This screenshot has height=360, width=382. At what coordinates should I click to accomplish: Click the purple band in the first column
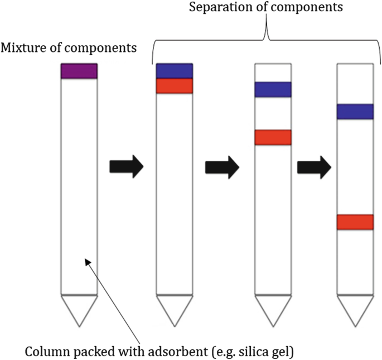tap(79, 71)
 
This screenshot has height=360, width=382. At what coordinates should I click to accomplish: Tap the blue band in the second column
tap(174, 71)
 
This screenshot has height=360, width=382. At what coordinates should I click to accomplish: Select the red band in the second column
tap(174, 85)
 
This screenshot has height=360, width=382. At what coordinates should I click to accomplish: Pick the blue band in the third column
tap(273, 89)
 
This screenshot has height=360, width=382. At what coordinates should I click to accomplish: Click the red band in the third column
tap(273, 137)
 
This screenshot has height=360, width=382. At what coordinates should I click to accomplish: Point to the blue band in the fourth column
tap(355, 111)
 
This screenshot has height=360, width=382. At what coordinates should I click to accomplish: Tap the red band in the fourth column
tap(355, 222)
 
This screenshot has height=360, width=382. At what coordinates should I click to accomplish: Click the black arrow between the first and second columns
tap(127, 166)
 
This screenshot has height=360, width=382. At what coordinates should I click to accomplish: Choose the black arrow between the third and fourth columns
tap(315, 166)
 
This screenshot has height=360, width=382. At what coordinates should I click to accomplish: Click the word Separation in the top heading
tap(216, 8)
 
